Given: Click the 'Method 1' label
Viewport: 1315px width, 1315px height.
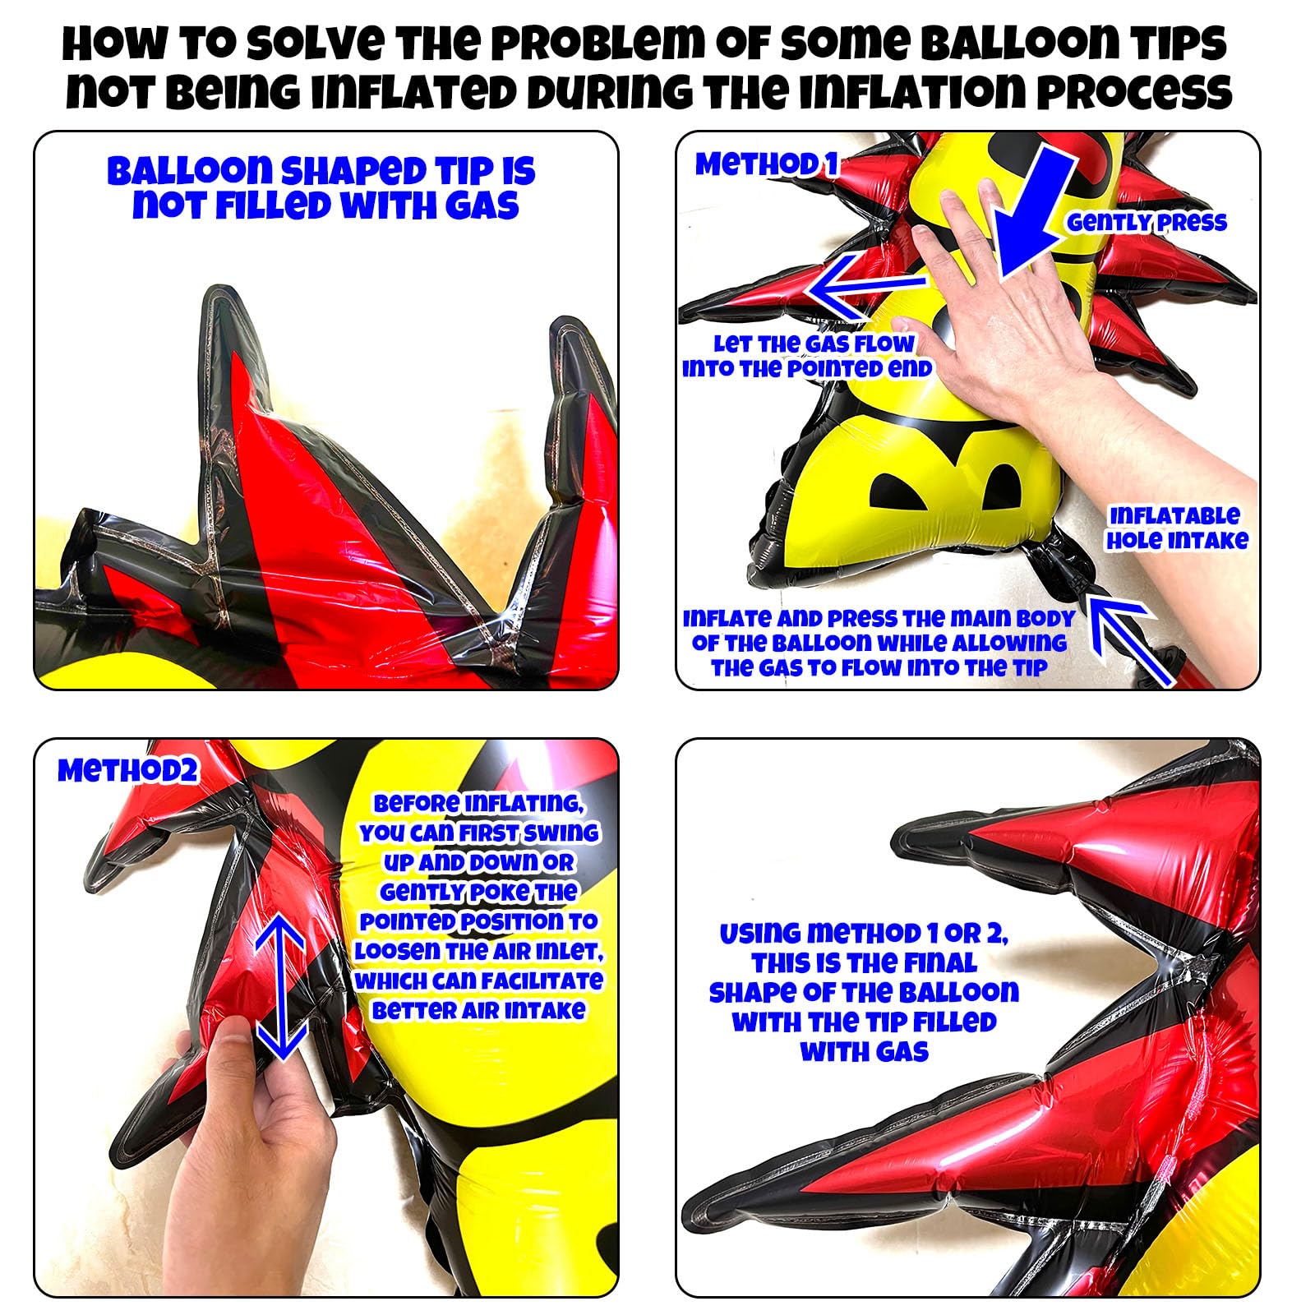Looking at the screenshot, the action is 766,164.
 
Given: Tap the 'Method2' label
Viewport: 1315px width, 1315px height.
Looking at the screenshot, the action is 128,771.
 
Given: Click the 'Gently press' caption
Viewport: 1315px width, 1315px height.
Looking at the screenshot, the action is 1147,222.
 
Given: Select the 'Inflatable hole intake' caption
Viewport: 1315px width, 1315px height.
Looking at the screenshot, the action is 1176,528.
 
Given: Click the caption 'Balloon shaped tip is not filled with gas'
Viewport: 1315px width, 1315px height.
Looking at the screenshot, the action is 321,188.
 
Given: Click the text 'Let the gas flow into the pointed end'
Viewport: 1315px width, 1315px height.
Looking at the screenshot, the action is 807,356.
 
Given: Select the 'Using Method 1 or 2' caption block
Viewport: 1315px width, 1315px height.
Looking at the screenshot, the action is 864,992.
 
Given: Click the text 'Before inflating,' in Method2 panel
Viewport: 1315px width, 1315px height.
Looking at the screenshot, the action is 478,804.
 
